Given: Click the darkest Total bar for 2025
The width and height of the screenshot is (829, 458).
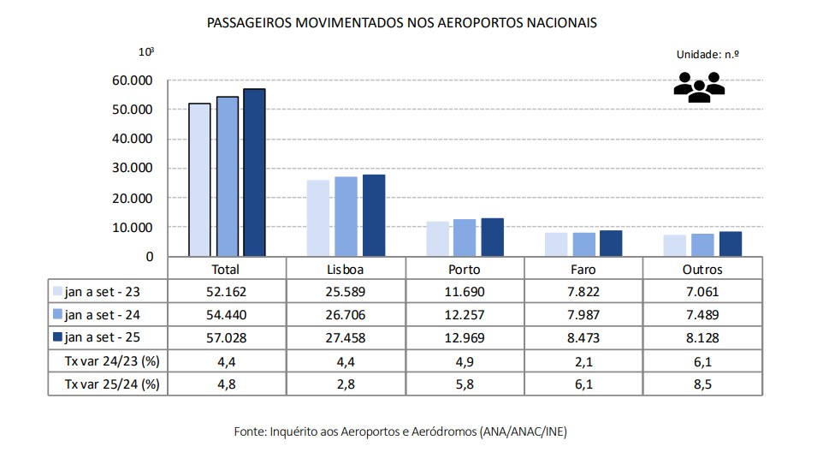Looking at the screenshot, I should point(254,172).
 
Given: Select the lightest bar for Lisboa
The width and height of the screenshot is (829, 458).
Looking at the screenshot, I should point(317,218).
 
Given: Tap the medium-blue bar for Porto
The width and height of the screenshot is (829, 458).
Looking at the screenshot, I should point(465,237).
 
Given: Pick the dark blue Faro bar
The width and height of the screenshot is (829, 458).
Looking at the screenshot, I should point(610,243).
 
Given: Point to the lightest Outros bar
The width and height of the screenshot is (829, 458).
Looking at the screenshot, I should point(675,245).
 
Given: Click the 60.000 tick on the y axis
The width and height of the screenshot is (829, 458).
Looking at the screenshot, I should point(133,80).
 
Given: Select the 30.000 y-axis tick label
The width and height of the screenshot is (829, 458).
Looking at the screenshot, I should point(133,168).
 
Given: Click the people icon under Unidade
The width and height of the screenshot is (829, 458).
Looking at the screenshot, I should point(699,86).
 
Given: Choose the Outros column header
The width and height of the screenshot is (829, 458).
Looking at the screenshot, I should point(702,269).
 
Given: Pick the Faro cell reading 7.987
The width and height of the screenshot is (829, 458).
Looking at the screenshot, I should point(583,314).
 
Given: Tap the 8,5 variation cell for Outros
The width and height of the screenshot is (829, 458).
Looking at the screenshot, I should point(702,384).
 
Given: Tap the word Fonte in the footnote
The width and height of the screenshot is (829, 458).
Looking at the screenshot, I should point(250,431).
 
